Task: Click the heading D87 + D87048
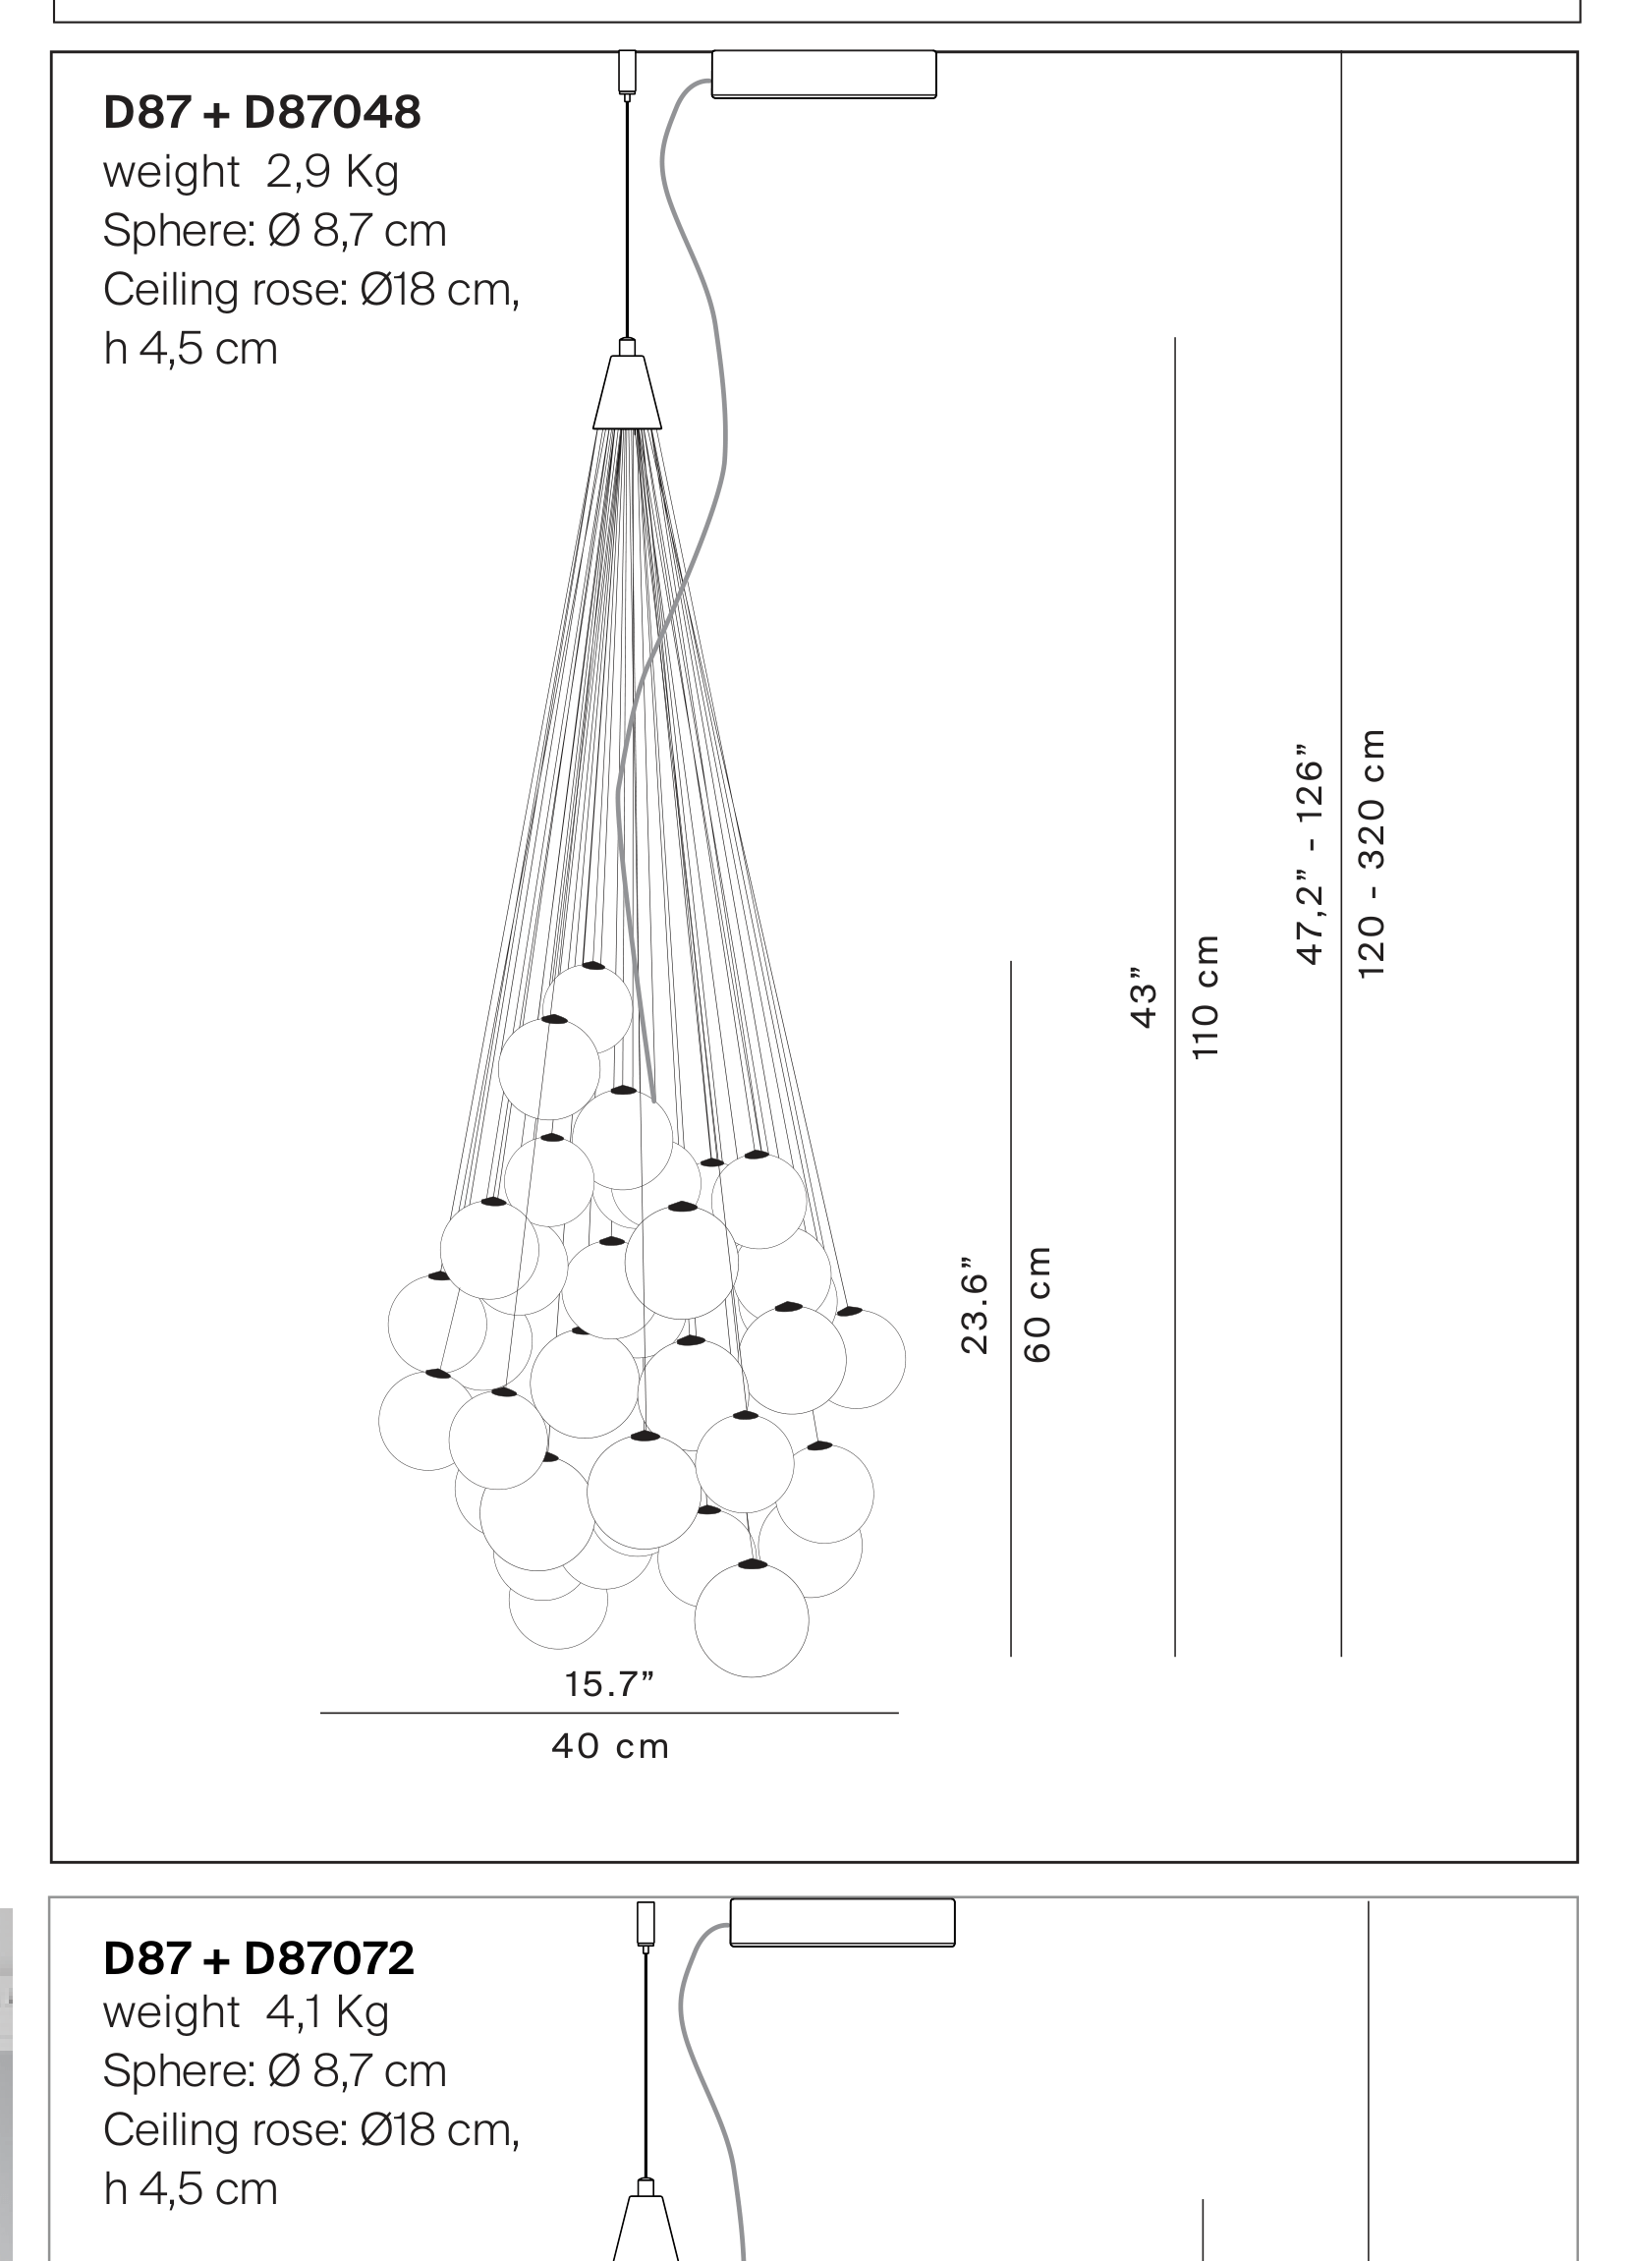click(x=262, y=113)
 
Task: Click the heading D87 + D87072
click(x=258, y=1957)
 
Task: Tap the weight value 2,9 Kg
click(x=332, y=173)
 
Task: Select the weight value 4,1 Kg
click(x=328, y=2012)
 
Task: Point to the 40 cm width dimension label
click(x=610, y=1746)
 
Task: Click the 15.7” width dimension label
click(x=610, y=1684)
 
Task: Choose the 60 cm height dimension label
click(x=1037, y=1304)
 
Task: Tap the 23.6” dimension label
click(x=974, y=1305)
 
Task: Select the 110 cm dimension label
click(x=1206, y=997)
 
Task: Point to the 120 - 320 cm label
click(x=1372, y=853)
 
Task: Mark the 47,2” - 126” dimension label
click(x=1309, y=854)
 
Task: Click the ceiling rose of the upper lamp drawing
click(x=823, y=75)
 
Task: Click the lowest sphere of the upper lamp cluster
click(x=752, y=1619)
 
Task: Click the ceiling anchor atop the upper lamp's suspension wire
click(x=627, y=74)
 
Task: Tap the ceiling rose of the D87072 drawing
click(x=842, y=1922)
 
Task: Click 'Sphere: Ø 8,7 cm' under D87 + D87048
click(x=274, y=231)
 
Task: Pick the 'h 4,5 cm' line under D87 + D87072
click(x=191, y=2190)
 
